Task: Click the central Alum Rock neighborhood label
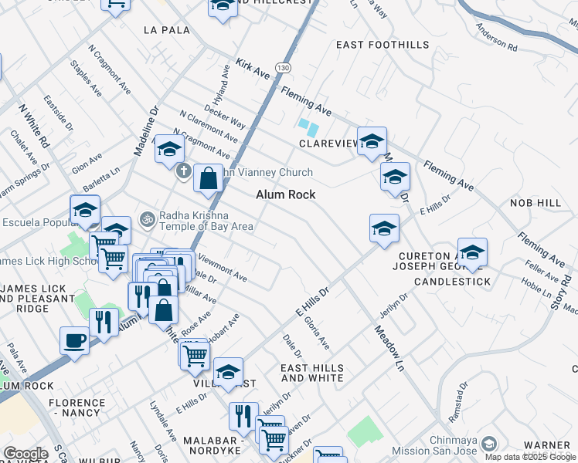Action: tap(286, 194)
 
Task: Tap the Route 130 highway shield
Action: tap(285, 69)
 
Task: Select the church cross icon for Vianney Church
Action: tap(183, 171)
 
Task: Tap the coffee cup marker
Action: tap(75, 340)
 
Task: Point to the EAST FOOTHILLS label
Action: tap(382, 46)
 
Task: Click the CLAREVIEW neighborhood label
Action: tap(329, 144)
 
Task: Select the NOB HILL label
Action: tap(535, 202)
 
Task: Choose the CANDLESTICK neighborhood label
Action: tap(452, 282)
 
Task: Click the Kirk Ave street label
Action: tap(253, 69)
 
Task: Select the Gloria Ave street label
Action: tap(316, 333)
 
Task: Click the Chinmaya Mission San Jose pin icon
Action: tap(489, 444)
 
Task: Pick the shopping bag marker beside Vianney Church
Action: tap(208, 179)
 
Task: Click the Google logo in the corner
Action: tap(25, 454)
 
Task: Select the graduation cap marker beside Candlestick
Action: tap(472, 252)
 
